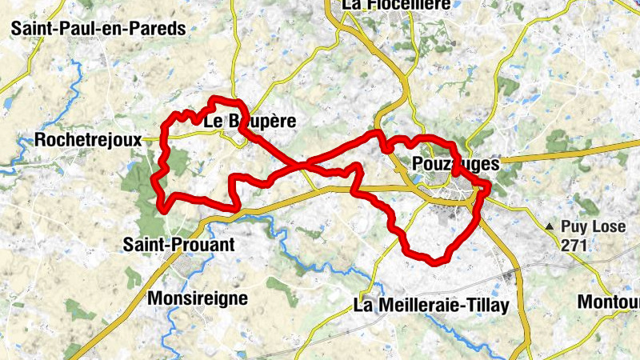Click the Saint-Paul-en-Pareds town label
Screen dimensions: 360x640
[98, 29]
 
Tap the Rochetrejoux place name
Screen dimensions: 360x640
[88, 140]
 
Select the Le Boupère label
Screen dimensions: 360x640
[250, 122]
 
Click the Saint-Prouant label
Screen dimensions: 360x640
[179, 245]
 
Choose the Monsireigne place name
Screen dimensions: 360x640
[198, 298]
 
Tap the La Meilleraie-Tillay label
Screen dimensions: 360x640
[431, 306]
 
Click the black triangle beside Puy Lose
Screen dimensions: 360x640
[550, 228]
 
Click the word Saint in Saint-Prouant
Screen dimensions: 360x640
[143, 245]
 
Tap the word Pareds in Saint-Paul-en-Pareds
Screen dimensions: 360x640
[160, 29]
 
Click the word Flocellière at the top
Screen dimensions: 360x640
[405, 6]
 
